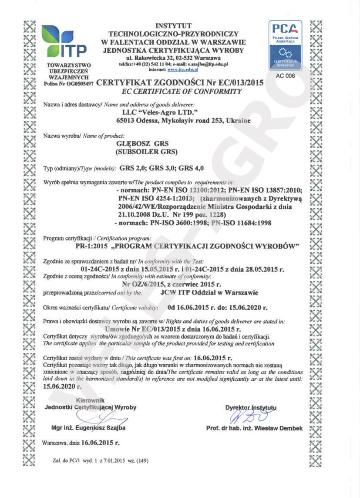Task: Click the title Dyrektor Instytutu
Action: (x=251, y=408)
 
